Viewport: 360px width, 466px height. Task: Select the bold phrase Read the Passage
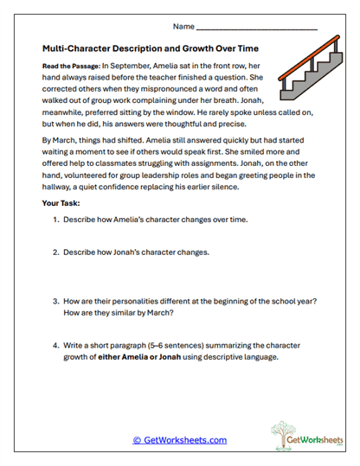pos(69,66)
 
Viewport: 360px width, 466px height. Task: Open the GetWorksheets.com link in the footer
pos(179,440)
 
